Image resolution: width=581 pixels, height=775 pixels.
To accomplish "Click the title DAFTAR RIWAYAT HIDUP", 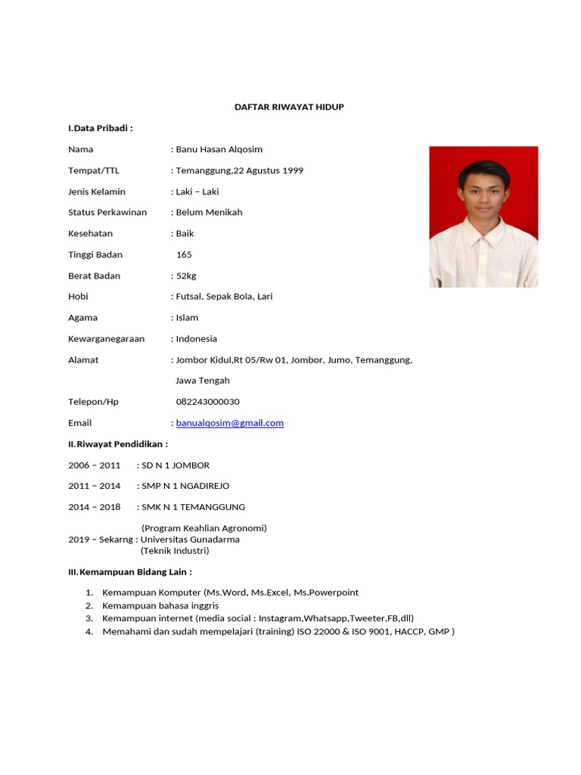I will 289,107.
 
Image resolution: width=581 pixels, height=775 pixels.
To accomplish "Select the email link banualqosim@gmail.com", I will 230,423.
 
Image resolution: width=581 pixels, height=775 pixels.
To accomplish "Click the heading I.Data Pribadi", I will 101,128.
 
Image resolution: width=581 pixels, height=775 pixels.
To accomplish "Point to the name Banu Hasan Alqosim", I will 219,149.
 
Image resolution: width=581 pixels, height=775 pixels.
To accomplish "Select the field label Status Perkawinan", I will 107,213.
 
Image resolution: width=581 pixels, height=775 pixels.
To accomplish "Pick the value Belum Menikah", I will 210,213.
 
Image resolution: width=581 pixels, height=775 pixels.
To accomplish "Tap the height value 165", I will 184,255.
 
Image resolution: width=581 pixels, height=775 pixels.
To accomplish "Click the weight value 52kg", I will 186,275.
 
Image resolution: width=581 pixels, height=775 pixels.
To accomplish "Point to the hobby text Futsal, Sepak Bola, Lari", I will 224,297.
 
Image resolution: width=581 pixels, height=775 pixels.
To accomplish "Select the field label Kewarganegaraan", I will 106,339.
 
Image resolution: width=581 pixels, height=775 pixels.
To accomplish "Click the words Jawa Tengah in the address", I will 203,381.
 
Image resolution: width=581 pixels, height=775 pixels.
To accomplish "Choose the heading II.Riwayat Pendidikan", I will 118,444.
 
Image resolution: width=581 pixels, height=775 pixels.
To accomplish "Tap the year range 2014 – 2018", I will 95,507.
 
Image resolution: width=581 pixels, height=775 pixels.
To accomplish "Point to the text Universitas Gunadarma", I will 190,540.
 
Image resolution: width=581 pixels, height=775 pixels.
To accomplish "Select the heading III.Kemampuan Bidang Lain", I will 130,571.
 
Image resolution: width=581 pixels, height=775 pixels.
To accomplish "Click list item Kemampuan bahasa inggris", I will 160,605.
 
